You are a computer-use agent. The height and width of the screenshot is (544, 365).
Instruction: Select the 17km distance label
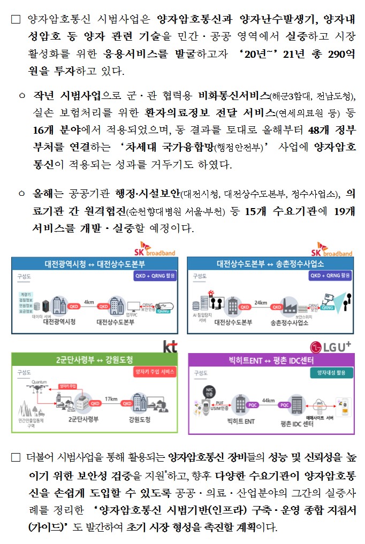111,399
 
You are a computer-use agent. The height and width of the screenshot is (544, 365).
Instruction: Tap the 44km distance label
269,400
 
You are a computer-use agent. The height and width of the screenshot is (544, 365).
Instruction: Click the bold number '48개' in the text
320,130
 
